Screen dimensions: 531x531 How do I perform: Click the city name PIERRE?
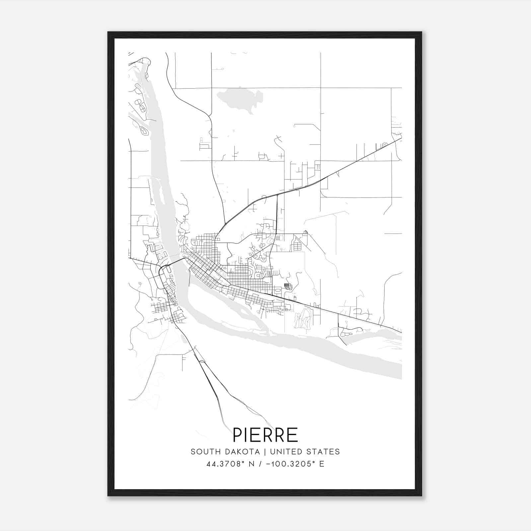265,435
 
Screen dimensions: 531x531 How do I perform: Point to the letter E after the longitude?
322,464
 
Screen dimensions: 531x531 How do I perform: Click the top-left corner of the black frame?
108,32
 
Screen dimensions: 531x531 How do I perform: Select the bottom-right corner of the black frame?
421,496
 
